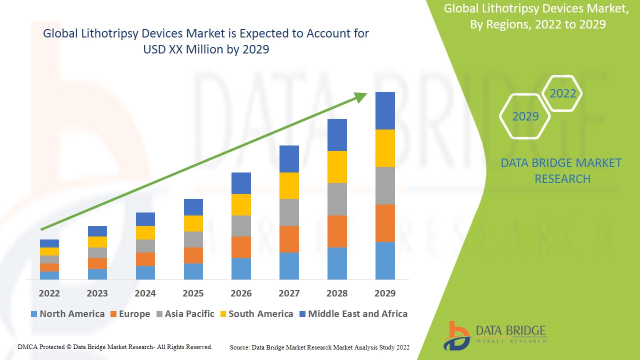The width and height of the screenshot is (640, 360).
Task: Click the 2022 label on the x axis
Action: (49, 293)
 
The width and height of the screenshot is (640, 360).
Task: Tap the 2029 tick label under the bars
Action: (385, 293)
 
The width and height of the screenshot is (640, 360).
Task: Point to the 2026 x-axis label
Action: (241, 293)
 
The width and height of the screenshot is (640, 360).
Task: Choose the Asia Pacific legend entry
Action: (185, 314)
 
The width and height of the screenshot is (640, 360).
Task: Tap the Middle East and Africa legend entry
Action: (353, 314)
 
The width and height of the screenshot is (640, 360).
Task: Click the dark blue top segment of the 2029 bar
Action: (385, 110)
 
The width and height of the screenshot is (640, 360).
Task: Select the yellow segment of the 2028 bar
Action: (337, 167)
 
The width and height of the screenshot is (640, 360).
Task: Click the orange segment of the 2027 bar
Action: (289, 239)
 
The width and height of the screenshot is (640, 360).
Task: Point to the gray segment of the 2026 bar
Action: (241, 226)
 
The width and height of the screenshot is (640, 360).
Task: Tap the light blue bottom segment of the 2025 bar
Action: (193, 271)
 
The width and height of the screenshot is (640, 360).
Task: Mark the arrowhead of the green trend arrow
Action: (361, 96)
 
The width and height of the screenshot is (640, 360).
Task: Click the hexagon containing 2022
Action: (562, 93)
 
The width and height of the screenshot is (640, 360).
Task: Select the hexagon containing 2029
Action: (525, 116)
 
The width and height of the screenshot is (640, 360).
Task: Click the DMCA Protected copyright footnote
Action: (115, 346)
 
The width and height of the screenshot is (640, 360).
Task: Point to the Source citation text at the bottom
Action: (319, 347)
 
